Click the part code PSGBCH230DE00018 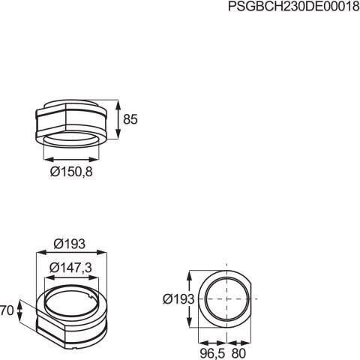pyautogui.click(x=293, y=7)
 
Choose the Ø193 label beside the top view pyautogui.click(x=178, y=298)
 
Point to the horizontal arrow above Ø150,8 pyautogui.click(x=71, y=158)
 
